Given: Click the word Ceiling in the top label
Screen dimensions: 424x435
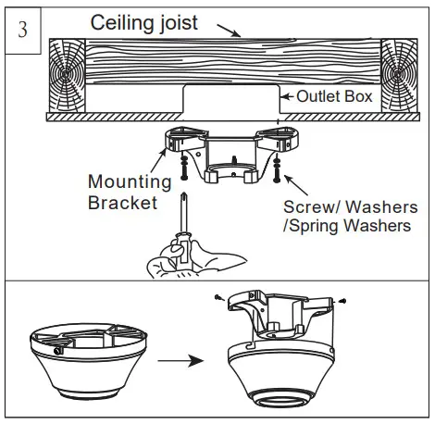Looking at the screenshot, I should coord(121,22).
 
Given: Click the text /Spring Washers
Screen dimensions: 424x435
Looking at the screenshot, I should coord(348,226).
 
